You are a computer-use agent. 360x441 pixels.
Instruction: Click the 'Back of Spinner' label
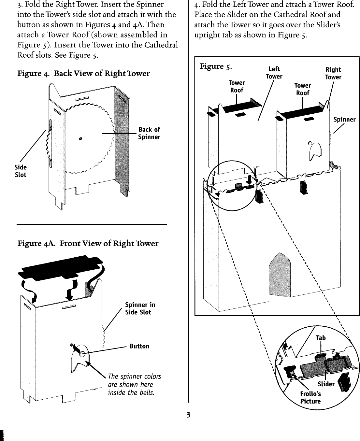(x=149, y=133)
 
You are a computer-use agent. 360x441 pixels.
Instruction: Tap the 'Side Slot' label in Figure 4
(x=21, y=171)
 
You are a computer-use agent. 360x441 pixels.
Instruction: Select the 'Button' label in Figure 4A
(x=139, y=346)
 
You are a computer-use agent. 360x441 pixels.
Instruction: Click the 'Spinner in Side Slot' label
(x=140, y=308)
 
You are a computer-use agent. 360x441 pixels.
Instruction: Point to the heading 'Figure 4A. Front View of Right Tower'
(x=88, y=243)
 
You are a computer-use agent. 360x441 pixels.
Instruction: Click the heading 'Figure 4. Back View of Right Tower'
(x=83, y=73)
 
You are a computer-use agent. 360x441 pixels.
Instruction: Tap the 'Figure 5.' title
(x=216, y=66)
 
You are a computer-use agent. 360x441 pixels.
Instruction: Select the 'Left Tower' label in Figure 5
(x=274, y=73)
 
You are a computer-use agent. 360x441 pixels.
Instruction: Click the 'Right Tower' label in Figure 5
(x=333, y=73)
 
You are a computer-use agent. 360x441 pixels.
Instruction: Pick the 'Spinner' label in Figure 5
(x=344, y=119)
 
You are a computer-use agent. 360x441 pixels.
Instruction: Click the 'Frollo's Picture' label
(x=310, y=398)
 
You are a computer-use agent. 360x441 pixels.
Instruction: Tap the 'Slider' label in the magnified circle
(x=326, y=384)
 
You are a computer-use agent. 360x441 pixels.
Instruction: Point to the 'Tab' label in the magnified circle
(x=321, y=338)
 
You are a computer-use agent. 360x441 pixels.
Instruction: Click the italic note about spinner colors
(x=134, y=384)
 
